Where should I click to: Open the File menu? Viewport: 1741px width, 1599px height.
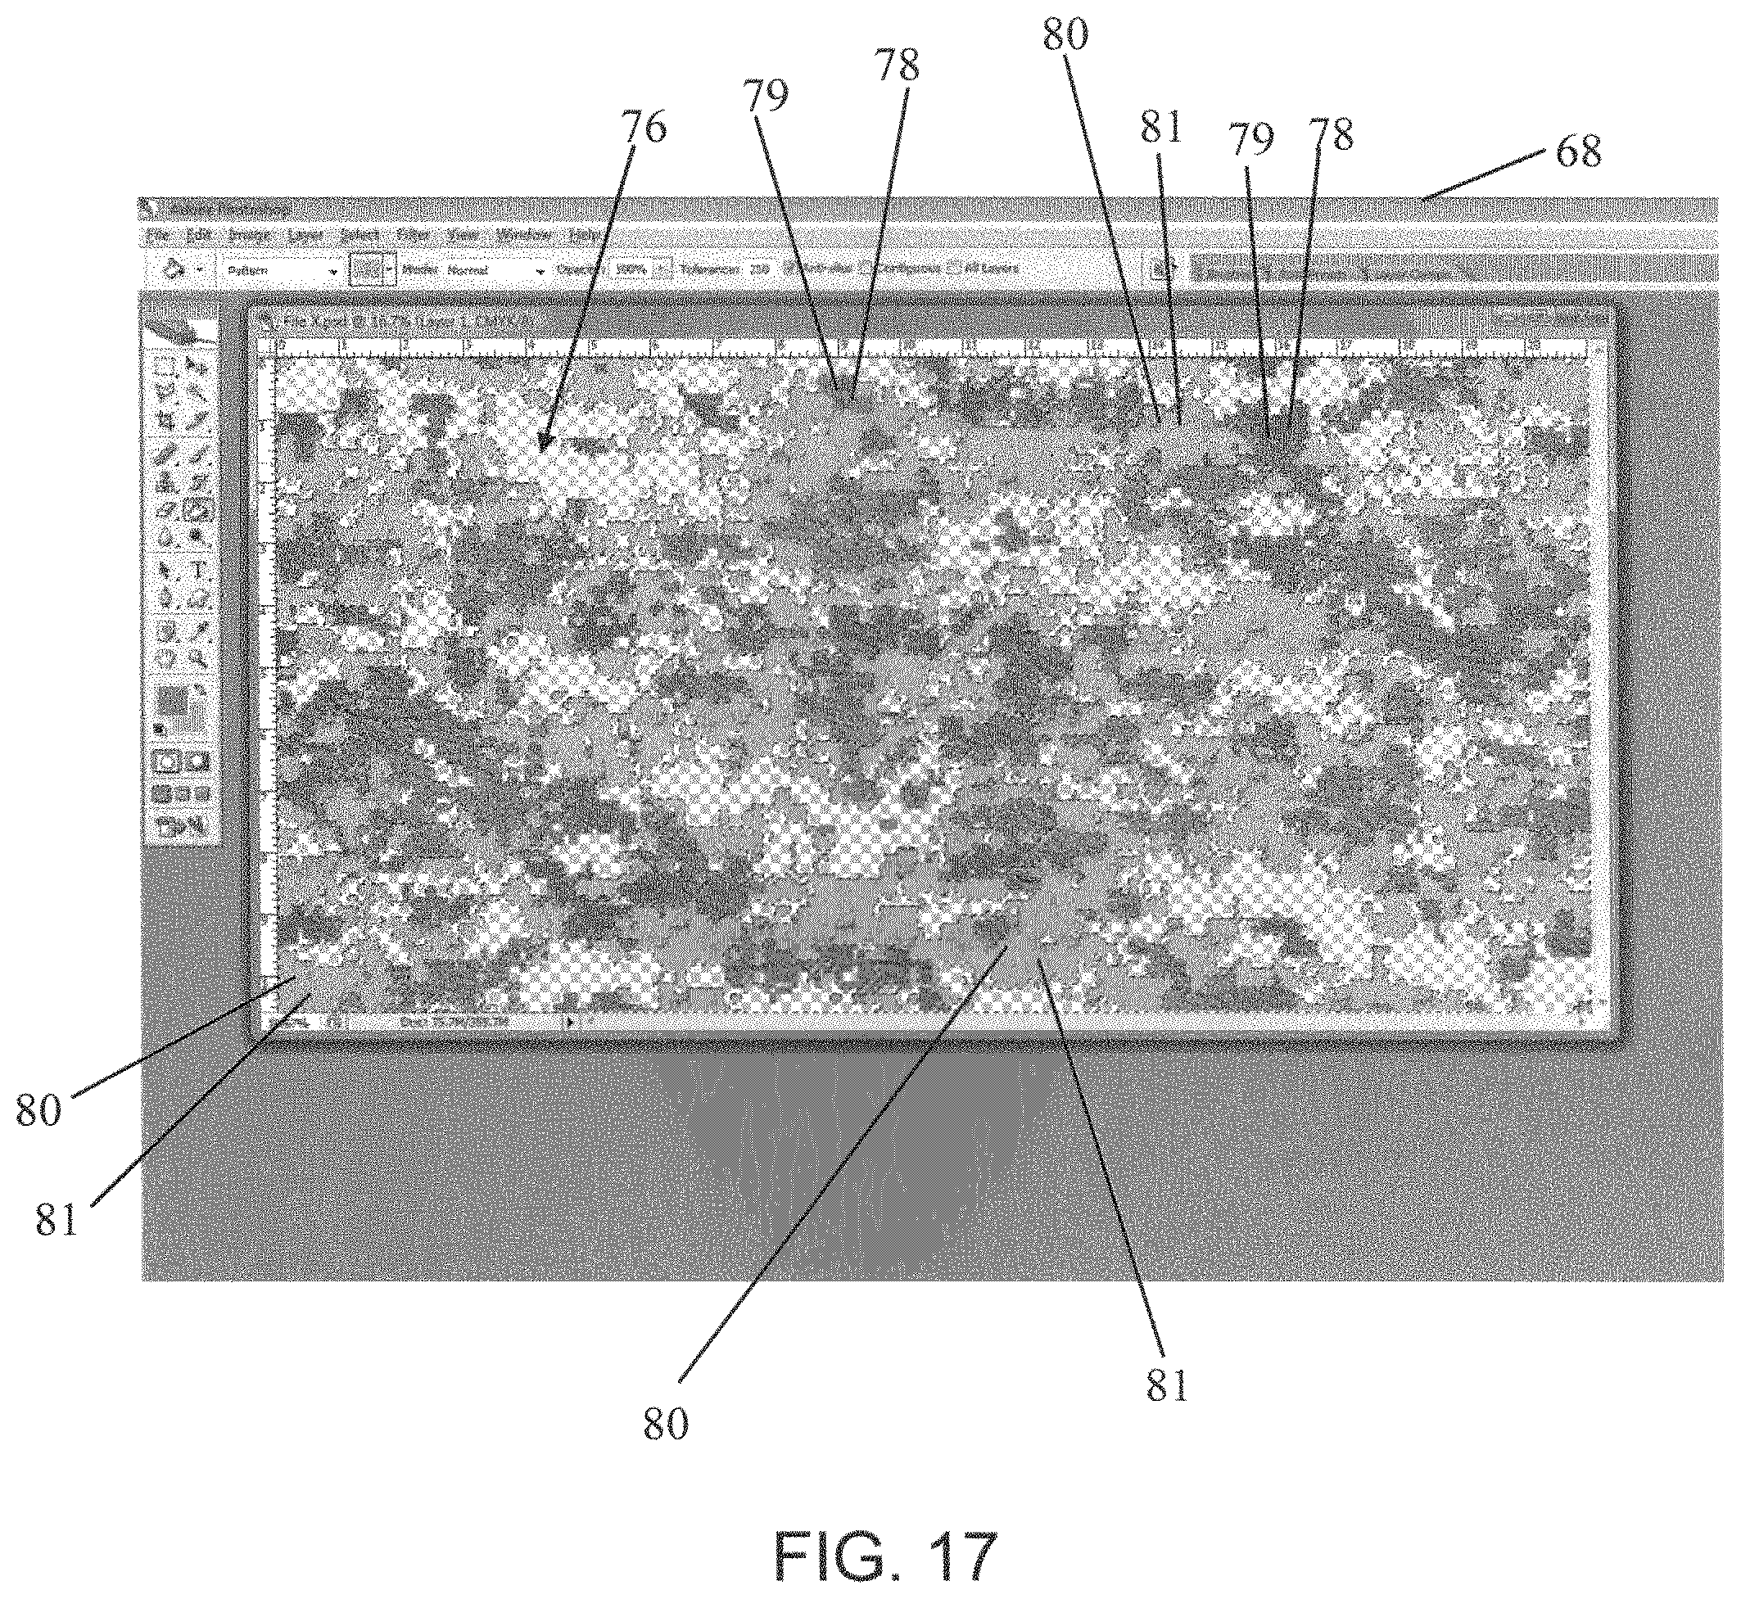click(158, 235)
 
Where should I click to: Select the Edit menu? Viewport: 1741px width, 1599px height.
click(199, 235)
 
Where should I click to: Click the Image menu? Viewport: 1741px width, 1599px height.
click(250, 235)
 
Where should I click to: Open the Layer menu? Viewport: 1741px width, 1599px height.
click(305, 235)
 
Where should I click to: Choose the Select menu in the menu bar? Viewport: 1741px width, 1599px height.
click(360, 235)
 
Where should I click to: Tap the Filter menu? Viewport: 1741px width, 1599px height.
click(414, 235)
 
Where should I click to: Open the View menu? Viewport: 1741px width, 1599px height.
click(464, 235)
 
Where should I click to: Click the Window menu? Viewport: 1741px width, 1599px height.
click(524, 235)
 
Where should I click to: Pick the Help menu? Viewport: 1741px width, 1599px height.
click(585, 235)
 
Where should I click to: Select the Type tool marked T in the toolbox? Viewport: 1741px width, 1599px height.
click(199, 569)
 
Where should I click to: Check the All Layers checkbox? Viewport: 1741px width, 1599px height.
click(956, 269)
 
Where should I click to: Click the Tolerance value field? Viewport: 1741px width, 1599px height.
click(760, 269)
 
